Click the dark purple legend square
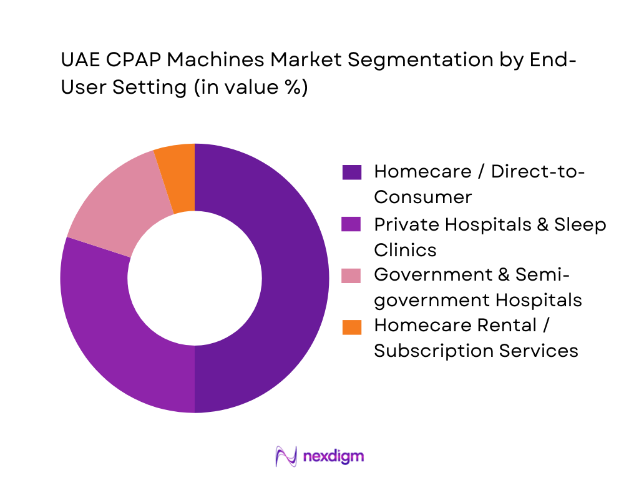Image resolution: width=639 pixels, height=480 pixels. [x=352, y=172]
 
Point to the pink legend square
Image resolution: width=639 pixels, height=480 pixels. [x=352, y=275]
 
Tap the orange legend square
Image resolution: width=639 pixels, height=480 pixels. [x=352, y=326]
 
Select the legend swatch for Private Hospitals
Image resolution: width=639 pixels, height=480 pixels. [x=352, y=224]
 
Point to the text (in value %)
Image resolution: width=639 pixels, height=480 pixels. [x=250, y=87]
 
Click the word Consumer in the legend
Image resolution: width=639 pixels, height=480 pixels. [x=422, y=197]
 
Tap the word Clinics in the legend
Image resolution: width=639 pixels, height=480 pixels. [x=405, y=249]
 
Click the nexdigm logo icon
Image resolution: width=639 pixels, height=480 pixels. [x=286, y=456]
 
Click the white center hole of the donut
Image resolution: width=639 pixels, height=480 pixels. [x=195, y=278]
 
